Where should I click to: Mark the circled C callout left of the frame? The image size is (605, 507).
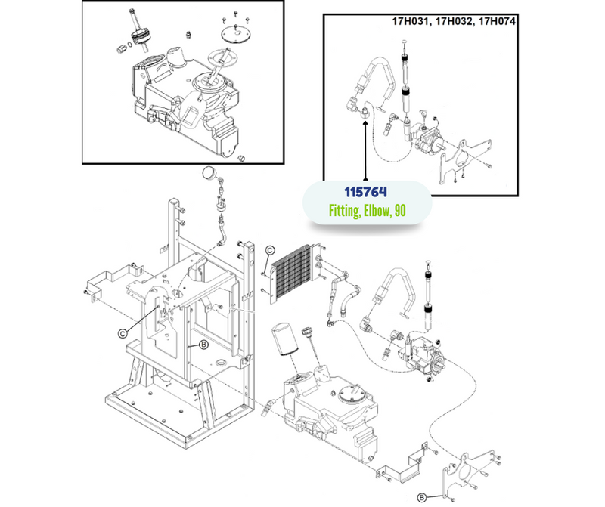pos(122,329)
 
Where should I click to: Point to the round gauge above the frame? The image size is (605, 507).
pos(207,176)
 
